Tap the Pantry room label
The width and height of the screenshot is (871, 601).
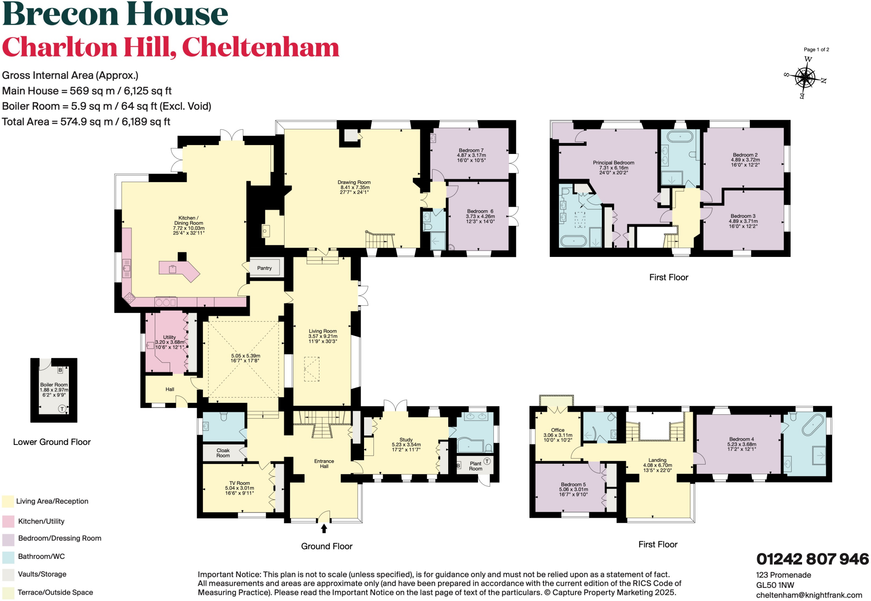(x=264, y=268)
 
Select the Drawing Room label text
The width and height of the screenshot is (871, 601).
(x=354, y=182)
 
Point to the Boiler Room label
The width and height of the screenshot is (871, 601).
(x=54, y=385)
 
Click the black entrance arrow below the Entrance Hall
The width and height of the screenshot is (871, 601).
(x=324, y=528)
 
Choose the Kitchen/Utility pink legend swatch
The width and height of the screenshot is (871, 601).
(x=8, y=521)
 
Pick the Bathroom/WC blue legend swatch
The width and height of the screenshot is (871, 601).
(x=8, y=556)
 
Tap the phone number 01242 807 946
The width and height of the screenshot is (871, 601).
(x=812, y=559)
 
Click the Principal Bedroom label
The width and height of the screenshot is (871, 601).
(x=613, y=163)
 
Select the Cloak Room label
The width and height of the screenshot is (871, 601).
(x=223, y=453)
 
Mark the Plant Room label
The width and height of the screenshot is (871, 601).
(x=475, y=466)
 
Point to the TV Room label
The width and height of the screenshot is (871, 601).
(x=239, y=483)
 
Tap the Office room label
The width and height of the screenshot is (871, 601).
(x=558, y=430)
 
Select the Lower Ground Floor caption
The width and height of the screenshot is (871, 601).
(x=52, y=442)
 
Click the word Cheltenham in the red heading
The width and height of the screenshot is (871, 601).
(x=260, y=47)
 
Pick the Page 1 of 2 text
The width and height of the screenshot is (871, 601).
(x=816, y=50)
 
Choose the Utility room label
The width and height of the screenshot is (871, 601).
(x=169, y=337)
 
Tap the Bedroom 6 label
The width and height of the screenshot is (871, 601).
(x=480, y=211)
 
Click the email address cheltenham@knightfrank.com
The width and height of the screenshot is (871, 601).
(x=809, y=595)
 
